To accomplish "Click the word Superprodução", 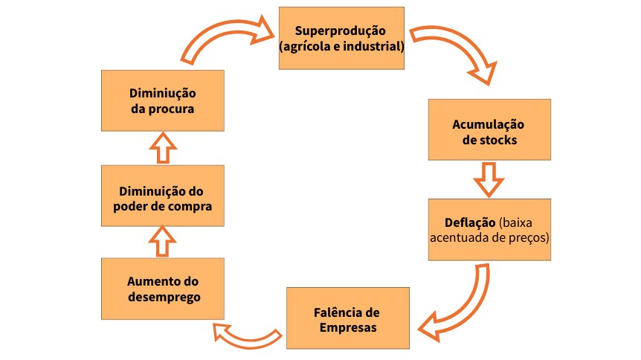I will pyautogui.click(x=341, y=32).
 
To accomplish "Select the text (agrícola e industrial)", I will pyautogui.click(x=341, y=46).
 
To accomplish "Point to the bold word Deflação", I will pyautogui.click(x=471, y=222).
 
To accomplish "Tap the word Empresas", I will pyautogui.click(x=348, y=327).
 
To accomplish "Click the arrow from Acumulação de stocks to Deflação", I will pyautogui.click(x=489, y=179).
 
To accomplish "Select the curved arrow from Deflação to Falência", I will pyautogui.click(x=461, y=305).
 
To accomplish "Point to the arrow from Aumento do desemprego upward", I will pyautogui.click(x=162, y=241).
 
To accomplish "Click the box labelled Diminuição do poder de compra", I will pyautogui.click(x=162, y=196).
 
